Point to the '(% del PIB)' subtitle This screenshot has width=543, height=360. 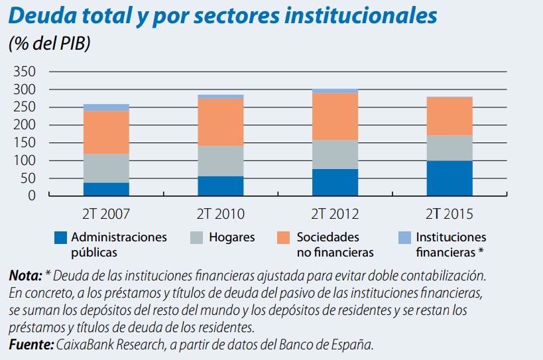click(50, 44)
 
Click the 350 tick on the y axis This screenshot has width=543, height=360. click(24, 72)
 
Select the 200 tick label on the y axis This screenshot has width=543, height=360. click(24, 125)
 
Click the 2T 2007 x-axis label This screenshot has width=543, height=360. click(106, 213)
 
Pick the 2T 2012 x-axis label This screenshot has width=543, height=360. click(335, 213)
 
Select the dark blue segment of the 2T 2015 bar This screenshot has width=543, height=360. click(450, 178)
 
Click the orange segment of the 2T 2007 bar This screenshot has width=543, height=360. click(106, 132)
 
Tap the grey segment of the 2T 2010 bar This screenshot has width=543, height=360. click(221, 160)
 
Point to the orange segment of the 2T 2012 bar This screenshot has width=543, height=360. click(335, 116)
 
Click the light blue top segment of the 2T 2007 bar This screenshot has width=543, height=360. click(106, 107)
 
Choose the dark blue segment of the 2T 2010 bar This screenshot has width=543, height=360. click(221, 186)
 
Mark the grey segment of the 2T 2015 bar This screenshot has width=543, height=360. click(450, 148)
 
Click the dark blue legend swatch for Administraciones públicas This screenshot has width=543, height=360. click(60, 237)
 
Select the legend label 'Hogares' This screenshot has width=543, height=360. click(231, 237)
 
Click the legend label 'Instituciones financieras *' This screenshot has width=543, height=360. click(450, 245)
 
